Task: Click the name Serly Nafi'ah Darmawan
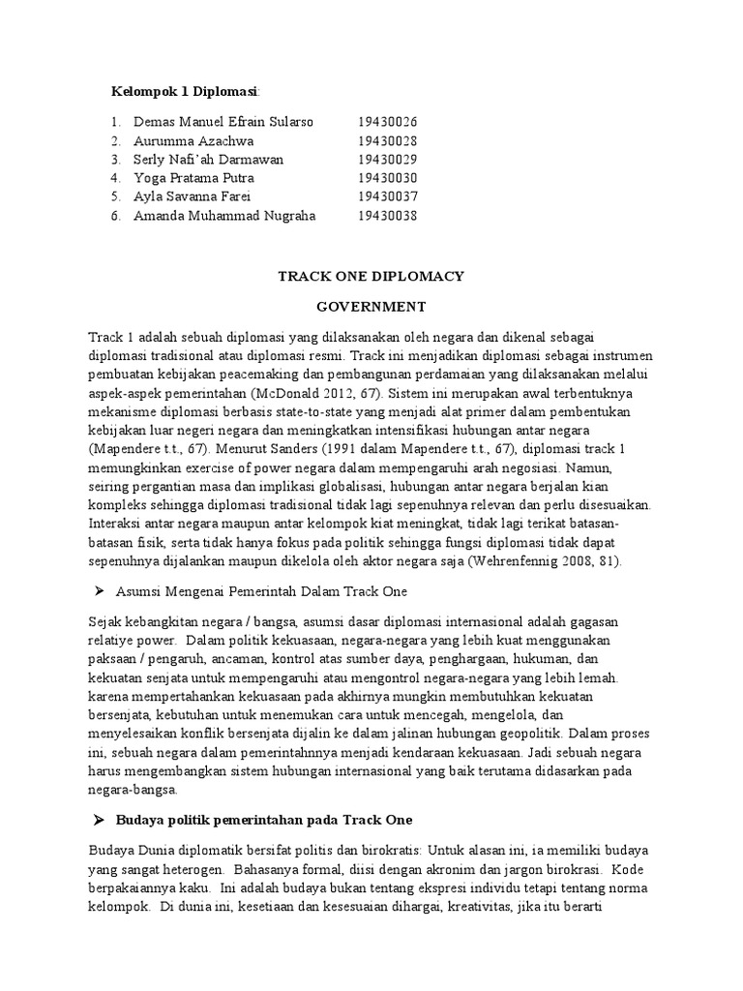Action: pos(208,160)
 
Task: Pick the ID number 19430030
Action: pos(387,178)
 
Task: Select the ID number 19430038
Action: pos(387,216)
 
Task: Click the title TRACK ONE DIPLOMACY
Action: pos(371,277)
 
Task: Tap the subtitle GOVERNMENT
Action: pos(371,308)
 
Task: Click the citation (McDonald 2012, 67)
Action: pos(312,394)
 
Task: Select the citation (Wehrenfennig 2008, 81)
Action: pos(529,562)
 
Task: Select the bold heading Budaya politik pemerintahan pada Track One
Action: pos(263,820)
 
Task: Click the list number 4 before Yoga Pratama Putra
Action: pos(115,178)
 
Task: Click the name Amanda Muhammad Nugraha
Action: pos(224,216)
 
